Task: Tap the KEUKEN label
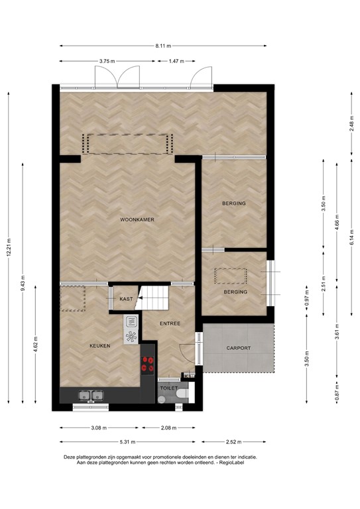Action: [100, 346]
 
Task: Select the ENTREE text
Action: [170, 323]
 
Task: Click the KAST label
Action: [126, 299]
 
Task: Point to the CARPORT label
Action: [238, 347]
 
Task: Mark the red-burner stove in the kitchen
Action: [147, 365]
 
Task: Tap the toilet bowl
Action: [182, 396]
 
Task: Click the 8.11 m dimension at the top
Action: [163, 46]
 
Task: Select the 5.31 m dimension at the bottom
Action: [128, 442]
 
